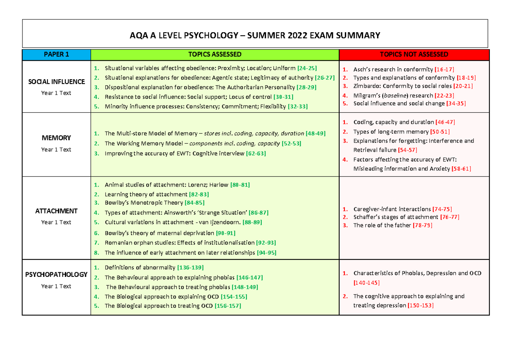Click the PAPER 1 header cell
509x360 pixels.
coord(56,55)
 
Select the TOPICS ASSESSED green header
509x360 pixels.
coord(215,55)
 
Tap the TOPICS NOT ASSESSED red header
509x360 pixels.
coord(414,55)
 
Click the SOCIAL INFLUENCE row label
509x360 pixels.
coord(56,81)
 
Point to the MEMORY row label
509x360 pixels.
coord(56,138)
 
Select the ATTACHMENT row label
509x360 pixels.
coord(56,211)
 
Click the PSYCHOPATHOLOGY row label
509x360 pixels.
coord(56,274)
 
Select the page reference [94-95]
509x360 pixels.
coord(267,253)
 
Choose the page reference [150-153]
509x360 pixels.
coord(420,305)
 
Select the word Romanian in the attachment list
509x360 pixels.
coord(118,243)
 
